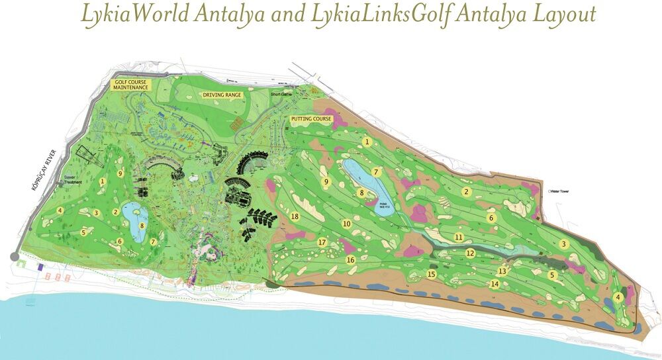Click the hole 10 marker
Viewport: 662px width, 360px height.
pos(346,224)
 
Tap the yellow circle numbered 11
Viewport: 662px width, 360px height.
pos(458,237)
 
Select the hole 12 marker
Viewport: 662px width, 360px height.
pos(470,253)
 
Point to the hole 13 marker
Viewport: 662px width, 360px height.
pos(502,271)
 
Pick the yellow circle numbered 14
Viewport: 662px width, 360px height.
pos(495,284)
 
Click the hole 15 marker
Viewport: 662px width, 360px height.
pos(432,274)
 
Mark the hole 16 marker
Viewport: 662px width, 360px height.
pos(351,260)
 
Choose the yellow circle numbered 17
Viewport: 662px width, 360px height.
pos(322,242)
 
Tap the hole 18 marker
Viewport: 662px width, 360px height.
pos(295,216)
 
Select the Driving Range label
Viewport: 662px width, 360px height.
pos(222,95)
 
